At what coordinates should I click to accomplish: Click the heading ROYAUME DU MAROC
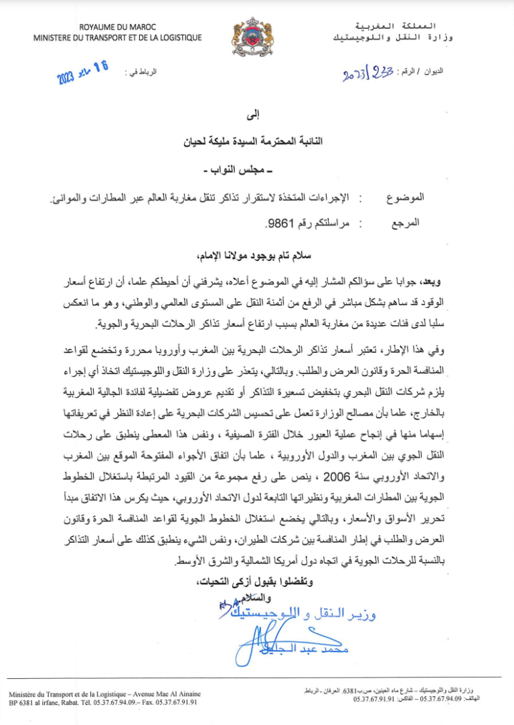(117, 27)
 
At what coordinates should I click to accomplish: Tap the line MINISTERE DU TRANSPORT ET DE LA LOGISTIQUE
(117, 37)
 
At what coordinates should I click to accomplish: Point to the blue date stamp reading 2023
(83, 73)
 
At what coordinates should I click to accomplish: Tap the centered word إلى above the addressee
(257, 118)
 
